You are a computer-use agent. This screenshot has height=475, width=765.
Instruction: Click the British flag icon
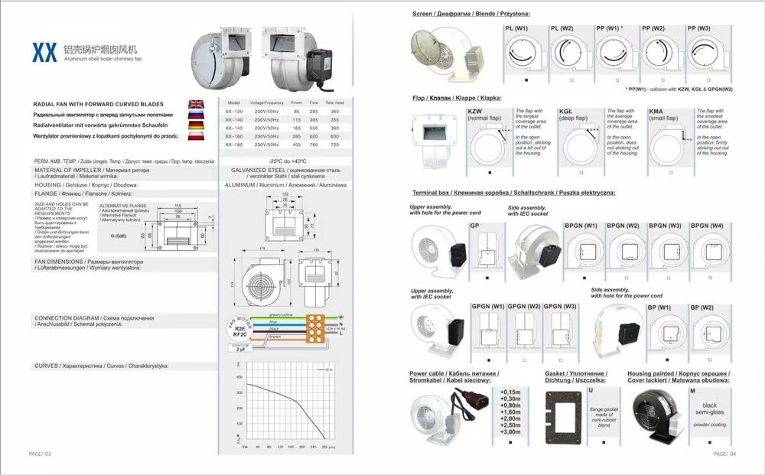coord(197,104)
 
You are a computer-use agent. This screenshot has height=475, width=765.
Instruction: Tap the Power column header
coord(296,102)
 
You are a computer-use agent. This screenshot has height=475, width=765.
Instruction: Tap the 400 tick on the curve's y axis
coord(239,377)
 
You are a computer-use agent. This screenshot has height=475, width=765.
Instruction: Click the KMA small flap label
coord(662,115)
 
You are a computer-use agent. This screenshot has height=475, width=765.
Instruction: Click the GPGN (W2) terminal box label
coord(523,307)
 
